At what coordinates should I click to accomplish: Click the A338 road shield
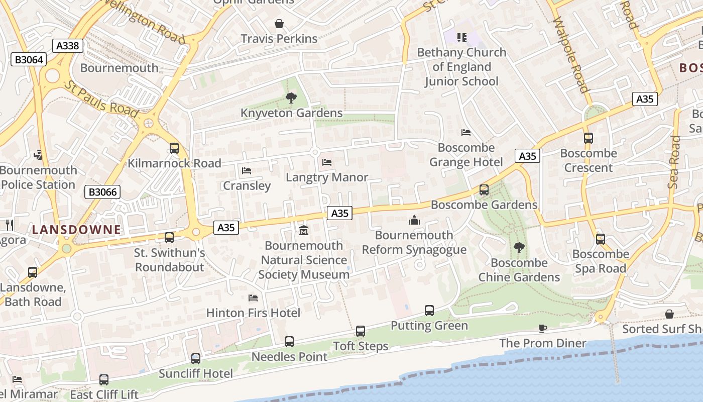pos(68,46)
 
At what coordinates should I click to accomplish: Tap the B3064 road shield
pos(29,60)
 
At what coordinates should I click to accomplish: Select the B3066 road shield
pos(102,191)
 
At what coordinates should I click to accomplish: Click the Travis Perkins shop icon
pos(279,24)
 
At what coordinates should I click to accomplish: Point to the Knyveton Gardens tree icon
pos(291,98)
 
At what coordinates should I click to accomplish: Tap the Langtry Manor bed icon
pos(327,162)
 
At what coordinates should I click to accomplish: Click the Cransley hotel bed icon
pos(247,171)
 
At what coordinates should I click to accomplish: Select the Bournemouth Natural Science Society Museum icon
pos(303,231)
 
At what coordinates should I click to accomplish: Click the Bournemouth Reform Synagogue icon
pos(414,220)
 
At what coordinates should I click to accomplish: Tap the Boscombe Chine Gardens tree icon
pos(519,248)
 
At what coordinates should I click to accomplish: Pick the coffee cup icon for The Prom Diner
pos(542,328)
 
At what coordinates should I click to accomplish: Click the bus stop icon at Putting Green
pos(429,311)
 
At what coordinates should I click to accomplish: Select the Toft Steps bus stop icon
pos(361,331)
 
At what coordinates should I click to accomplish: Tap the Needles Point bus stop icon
pos(289,342)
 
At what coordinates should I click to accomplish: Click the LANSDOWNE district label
pos(76,230)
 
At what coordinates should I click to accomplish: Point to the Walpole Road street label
pos(570,55)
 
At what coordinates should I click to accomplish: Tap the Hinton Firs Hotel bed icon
pos(253,298)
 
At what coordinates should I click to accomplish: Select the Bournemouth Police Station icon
pos(38,155)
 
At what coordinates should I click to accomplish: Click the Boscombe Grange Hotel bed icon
pos(466,133)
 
